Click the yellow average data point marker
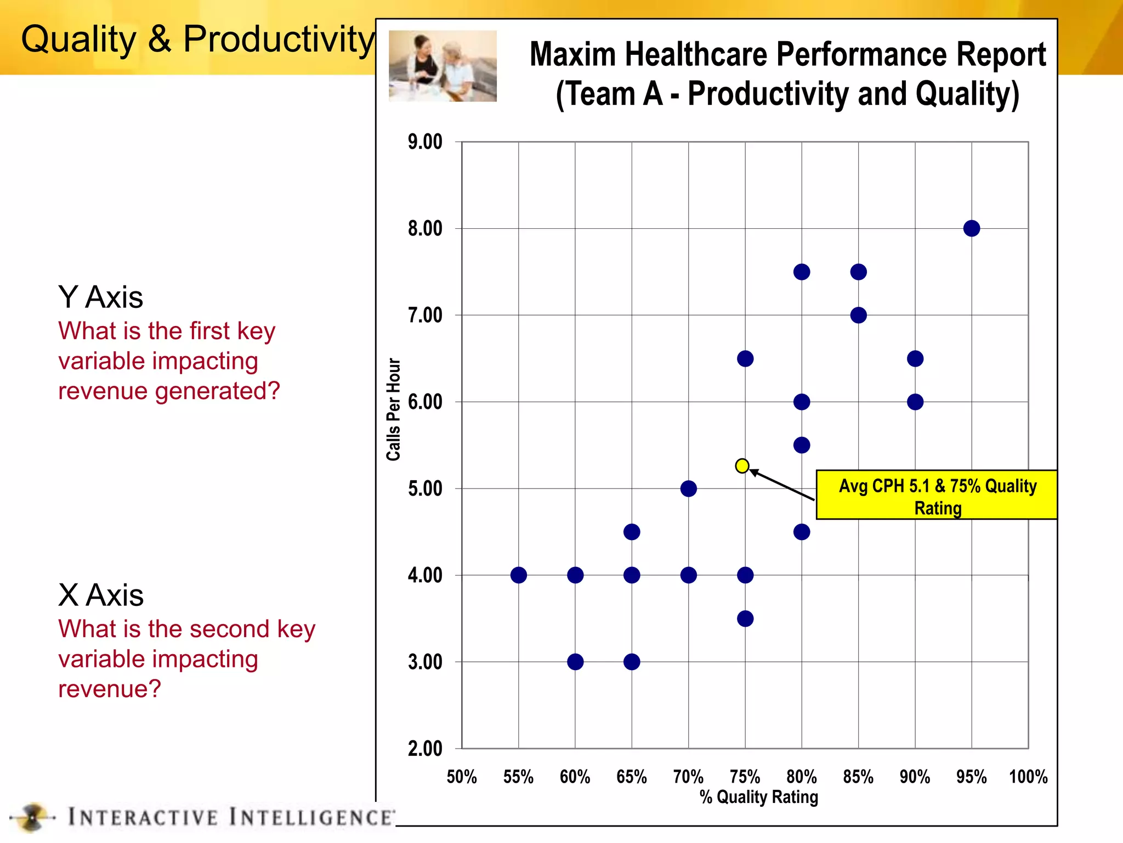click(742, 466)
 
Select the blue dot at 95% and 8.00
click(971, 228)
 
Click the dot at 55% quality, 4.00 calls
click(518, 575)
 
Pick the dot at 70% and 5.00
click(688, 488)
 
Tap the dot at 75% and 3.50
click(745, 619)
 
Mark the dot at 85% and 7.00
click(858, 315)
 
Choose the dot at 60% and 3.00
click(575, 662)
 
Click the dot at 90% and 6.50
click(915, 359)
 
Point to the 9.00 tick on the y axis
click(425, 142)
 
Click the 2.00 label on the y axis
click(425, 749)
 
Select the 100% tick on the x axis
click(1028, 777)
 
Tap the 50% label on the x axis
click(461, 777)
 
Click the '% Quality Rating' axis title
click(758, 797)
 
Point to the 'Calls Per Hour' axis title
click(394, 409)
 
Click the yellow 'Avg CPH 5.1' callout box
click(937, 495)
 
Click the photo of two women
click(443, 66)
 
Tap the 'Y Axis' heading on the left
click(100, 297)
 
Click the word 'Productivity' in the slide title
click(279, 40)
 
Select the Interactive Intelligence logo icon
click(33, 817)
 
